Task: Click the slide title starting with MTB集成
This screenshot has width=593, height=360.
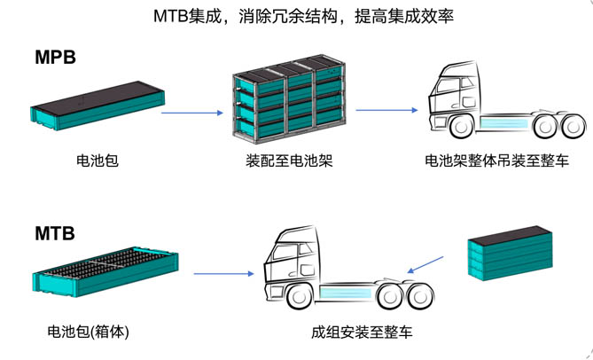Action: [296, 17]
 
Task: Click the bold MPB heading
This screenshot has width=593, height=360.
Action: [54, 59]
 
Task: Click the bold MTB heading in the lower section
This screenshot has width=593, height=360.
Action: [54, 235]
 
